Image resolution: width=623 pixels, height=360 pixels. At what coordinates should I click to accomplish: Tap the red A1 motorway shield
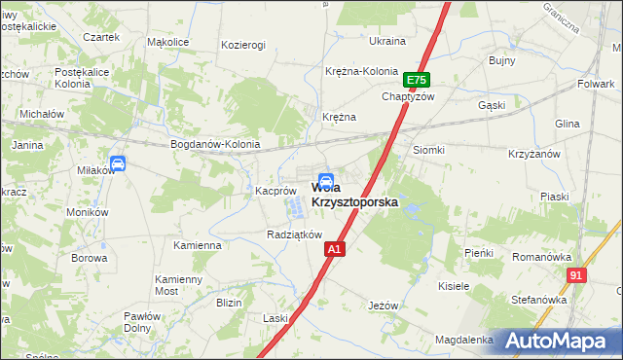pyautogui.click(x=334, y=250)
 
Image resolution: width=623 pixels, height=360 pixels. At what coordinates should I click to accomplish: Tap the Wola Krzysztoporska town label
pyautogui.click(x=355, y=195)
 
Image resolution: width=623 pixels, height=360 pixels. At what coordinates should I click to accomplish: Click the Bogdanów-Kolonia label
pyautogui.click(x=215, y=144)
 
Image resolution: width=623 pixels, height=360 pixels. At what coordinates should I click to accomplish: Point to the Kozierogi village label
pyautogui.click(x=243, y=46)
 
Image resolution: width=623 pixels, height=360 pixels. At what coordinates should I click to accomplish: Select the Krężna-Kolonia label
pyautogui.click(x=361, y=71)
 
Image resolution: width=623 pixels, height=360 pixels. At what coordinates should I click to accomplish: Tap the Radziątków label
pyautogui.click(x=294, y=234)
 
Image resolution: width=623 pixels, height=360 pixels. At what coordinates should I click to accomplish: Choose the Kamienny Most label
pyautogui.click(x=179, y=285)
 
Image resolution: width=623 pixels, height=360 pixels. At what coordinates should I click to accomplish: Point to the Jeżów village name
pyautogui.click(x=384, y=305)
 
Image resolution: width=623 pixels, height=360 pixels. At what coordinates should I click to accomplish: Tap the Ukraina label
pyautogui.click(x=386, y=41)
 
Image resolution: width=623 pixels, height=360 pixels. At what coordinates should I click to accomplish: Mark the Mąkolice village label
pyautogui.click(x=167, y=43)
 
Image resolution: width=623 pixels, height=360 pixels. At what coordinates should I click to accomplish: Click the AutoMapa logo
pyautogui.click(x=556, y=341)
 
